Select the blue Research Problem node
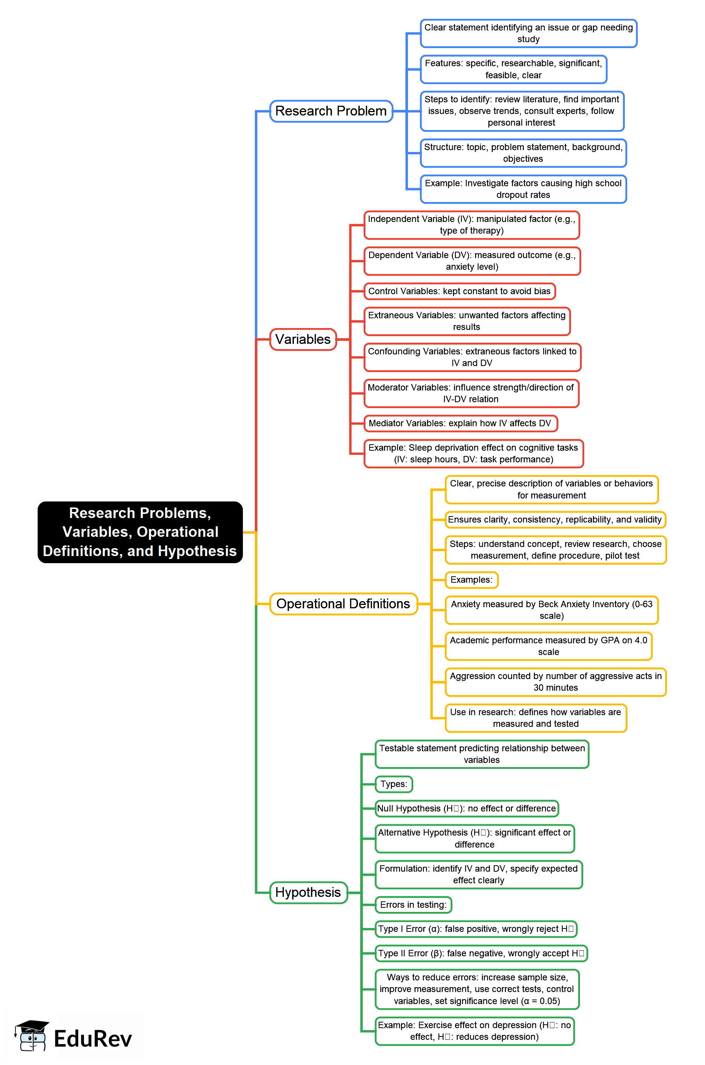(331, 111)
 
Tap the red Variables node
(303, 339)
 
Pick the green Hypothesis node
(308, 892)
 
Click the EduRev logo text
(93, 1039)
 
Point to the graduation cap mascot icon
(32, 1035)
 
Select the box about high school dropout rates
(523, 189)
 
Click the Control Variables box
(459, 291)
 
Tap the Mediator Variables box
(460, 423)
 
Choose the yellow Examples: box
(471, 580)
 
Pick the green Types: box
(393, 784)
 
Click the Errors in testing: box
(413, 905)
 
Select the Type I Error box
(476, 929)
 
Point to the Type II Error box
(481, 953)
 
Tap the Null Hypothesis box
(466, 808)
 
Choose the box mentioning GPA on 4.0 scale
(548, 646)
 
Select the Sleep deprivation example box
(473, 453)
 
